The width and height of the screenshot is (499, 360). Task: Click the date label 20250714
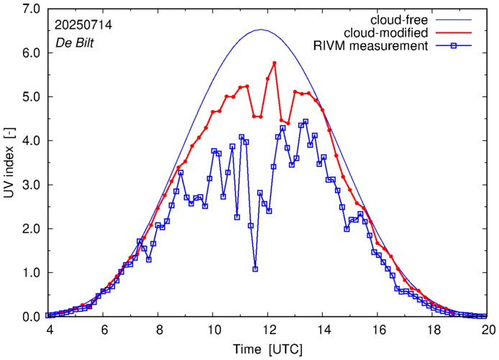coord(83,24)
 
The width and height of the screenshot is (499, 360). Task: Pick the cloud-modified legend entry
coord(387,33)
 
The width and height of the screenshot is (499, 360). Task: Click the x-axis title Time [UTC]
coord(268,349)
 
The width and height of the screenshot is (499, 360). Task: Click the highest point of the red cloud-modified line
coord(275,63)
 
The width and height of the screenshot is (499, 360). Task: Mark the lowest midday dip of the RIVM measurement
coord(255,269)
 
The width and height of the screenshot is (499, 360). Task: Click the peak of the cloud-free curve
coord(260,29)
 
